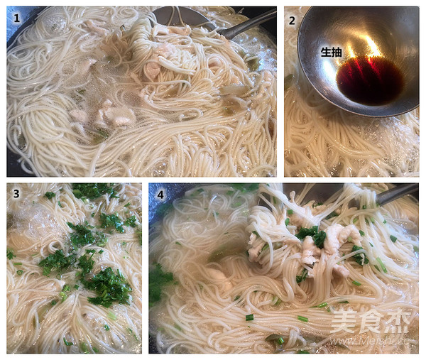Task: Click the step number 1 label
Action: pyautogui.click(x=16, y=15)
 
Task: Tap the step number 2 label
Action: pyautogui.click(x=292, y=20)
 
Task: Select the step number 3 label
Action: pyautogui.click(x=14, y=192)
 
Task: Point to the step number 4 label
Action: pyautogui.click(x=157, y=193)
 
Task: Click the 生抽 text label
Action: pyautogui.click(x=331, y=52)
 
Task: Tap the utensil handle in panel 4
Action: pyautogui.click(x=394, y=194)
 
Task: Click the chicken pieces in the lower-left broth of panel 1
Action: pyautogui.click(x=106, y=114)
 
